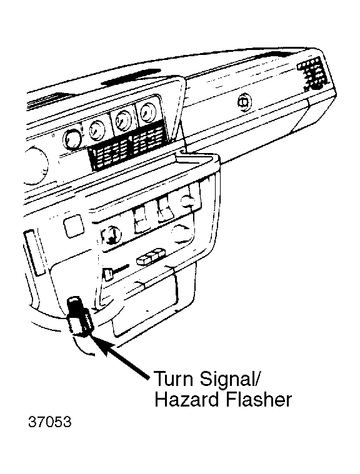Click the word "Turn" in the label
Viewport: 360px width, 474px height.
click(x=174, y=378)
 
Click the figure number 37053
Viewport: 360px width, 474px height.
click(x=50, y=422)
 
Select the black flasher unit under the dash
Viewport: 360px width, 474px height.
click(x=79, y=316)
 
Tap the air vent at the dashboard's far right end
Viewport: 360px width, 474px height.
click(x=312, y=74)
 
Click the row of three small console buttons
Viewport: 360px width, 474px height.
click(x=151, y=256)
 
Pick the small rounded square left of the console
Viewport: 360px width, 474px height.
click(x=74, y=226)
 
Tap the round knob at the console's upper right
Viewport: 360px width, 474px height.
click(x=188, y=200)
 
